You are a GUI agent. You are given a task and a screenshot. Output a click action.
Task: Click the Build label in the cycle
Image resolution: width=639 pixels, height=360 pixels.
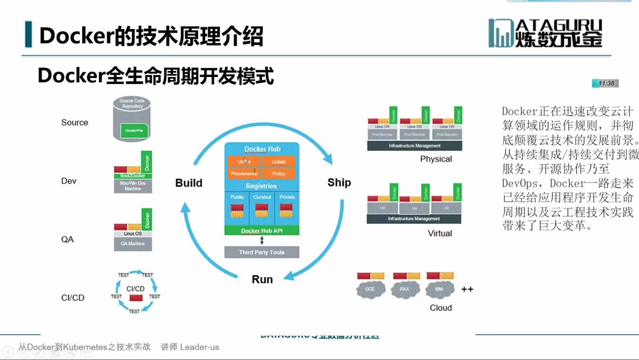click(x=189, y=183)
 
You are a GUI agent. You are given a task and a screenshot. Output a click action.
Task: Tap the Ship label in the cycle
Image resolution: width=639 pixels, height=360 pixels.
click(x=339, y=182)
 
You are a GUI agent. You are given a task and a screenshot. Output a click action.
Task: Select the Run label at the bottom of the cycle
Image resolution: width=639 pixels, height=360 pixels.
click(x=262, y=279)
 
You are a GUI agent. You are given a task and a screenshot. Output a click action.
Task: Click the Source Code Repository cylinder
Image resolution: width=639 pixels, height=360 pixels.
click(x=132, y=120)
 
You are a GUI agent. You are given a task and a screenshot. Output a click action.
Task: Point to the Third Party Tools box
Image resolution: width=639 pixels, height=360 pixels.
click(x=262, y=252)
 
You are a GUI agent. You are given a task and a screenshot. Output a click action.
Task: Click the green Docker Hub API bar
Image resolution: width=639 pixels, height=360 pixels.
click(x=262, y=230)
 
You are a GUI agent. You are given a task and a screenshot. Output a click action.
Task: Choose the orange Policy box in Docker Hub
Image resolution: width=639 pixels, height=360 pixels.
click(x=278, y=173)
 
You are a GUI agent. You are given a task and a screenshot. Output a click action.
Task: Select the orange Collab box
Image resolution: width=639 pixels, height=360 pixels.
click(x=278, y=161)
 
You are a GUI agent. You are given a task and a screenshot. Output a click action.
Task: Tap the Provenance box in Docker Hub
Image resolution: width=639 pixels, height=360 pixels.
click(x=244, y=173)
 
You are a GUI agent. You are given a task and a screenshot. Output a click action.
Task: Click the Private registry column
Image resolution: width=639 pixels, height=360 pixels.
click(x=287, y=208)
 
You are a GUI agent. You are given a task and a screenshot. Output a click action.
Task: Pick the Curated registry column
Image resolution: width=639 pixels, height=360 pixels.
click(x=262, y=208)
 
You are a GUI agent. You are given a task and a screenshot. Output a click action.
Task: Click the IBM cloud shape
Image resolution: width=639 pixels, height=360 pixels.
click(x=439, y=290)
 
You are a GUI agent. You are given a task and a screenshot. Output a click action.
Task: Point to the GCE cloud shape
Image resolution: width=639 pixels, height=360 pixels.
click(x=370, y=290)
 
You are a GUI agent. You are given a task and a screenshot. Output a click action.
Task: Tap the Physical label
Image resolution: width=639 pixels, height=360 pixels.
click(x=436, y=159)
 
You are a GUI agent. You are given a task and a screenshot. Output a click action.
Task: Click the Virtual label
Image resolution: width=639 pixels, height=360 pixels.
click(x=440, y=233)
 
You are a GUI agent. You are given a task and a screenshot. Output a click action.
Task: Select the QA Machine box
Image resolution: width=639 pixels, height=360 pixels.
click(x=133, y=243)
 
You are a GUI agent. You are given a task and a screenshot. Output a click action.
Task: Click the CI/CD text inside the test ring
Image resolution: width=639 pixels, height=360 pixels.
click(x=135, y=288)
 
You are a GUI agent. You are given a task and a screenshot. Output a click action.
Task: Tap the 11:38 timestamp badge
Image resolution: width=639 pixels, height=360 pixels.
click(x=605, y=83)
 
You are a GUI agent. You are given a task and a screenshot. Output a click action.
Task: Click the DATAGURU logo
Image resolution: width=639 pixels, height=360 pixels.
click(x=545, y=33)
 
